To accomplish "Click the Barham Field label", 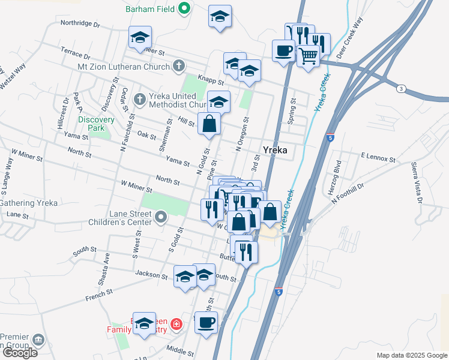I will tap(149, 9).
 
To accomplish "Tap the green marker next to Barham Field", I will tap(184, 8).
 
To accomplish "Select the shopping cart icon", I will tap(308, 56).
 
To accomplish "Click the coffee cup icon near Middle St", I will tap(206, 322).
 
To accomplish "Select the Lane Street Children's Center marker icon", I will tap(160, 216).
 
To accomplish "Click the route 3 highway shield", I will tap(400, 89).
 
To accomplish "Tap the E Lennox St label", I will tap(378, 157).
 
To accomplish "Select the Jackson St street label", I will tap(151, 275).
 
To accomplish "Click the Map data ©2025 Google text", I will tap(412, 355).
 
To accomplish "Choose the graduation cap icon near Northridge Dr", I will tap(139, 37).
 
